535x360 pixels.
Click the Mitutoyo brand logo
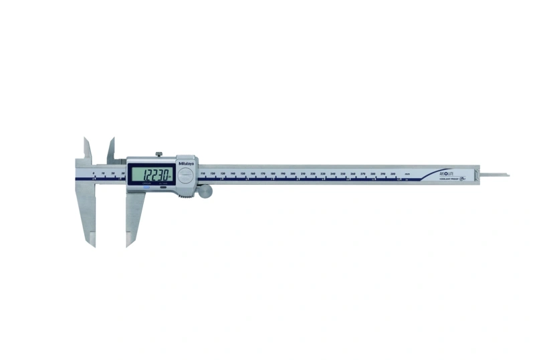tap(186, 161)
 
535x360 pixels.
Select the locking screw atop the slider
tap(158, 155)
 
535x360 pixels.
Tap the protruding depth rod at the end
tap(498, 175)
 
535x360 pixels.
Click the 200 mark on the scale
tap(292, 173)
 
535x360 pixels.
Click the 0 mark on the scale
tap(94, 173)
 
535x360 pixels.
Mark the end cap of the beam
tap(477, 175)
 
